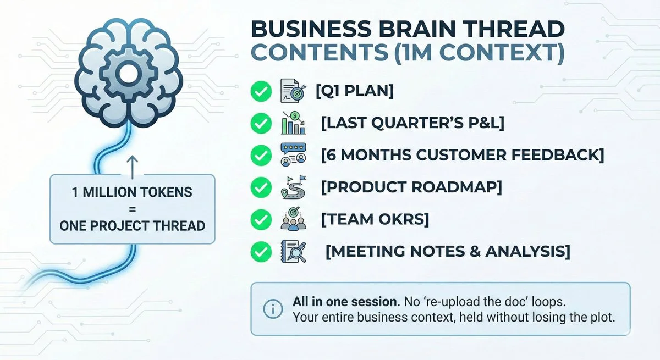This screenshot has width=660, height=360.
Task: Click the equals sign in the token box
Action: (x=131, y=209)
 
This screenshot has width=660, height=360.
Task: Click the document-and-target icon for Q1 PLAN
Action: (x=291, y=91)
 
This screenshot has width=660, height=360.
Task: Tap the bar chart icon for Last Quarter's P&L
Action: (x=291, y=123)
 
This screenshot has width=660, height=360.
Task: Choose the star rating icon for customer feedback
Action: (x=291, y=156)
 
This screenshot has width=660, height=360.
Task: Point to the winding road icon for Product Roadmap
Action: (x=291, y=188)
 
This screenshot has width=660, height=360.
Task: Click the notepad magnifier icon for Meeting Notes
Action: (x=293, y=252)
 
